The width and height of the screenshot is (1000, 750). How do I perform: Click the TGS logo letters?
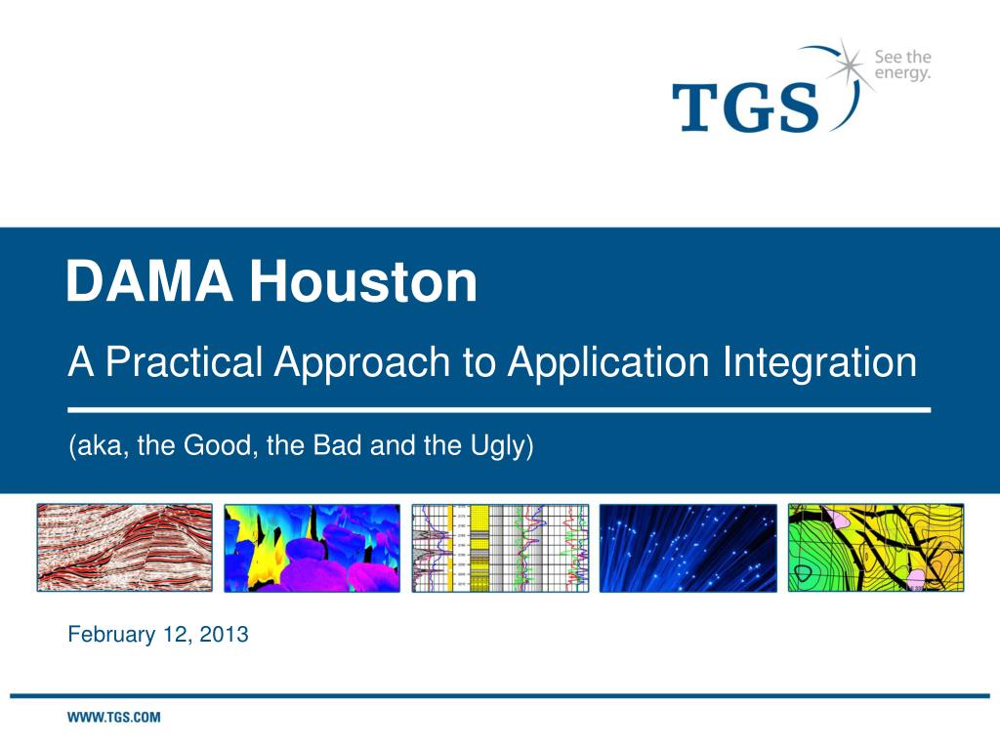(745, 107)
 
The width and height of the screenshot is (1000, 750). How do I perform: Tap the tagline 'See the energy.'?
(902, 65)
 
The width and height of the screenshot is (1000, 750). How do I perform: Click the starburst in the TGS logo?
(846, 64)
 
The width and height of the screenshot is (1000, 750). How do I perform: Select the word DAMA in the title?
(149, 280)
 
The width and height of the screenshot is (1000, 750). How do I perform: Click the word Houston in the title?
(363, 280)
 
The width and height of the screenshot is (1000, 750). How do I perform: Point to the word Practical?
(185, 361)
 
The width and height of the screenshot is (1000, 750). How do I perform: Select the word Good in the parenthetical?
(218, 445)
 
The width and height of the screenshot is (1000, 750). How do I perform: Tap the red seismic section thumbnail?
(124, 548)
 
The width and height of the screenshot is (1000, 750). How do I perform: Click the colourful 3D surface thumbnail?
(312, 548)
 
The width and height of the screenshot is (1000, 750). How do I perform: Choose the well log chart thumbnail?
(500, 548)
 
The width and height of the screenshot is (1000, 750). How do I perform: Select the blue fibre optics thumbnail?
(688, 548)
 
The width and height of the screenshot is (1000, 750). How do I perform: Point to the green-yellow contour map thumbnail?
(876, 548)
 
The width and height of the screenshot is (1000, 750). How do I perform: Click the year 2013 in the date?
(224, 635)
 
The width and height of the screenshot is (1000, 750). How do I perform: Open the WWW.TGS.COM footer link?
(114, 718)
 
